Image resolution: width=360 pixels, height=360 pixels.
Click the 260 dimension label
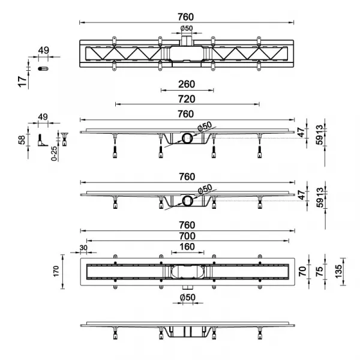[x=187, y=84]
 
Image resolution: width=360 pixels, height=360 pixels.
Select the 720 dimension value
[x=187, y=99]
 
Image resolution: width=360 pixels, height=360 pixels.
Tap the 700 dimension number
[x=187, y=236]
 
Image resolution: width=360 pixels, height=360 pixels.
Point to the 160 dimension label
[x=187, y=247]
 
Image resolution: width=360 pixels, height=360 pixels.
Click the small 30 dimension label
[x=83, y=248]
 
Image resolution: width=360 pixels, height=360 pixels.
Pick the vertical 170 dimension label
[x=56, y=271]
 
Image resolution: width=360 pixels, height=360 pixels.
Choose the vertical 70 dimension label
[x=303, y=271]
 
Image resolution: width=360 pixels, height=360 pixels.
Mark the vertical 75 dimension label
[x=319, y=271]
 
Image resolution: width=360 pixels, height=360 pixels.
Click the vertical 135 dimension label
[x=338, y=271]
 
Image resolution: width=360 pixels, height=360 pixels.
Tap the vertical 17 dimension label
[x=22, y=82]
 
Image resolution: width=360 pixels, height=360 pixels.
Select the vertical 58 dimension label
[x=22, y=140]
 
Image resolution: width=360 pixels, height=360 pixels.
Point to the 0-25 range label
[x=54, y=154]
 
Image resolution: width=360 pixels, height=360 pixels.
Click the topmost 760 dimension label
[x=186, y=17]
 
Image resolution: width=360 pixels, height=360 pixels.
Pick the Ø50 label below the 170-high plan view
[x=188, y=298]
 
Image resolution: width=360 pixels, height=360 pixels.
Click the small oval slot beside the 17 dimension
[x=43, y=68]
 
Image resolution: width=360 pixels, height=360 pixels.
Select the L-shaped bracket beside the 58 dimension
[x=43, y=140]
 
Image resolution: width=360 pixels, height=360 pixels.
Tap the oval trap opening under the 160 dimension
[x=188, y=272]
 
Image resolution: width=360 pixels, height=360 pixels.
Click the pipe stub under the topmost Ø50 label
[x=186, y=40]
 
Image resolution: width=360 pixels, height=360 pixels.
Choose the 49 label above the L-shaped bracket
[x=43, y=117]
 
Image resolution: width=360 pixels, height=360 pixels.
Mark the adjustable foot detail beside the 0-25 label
[x=65, y=139]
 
